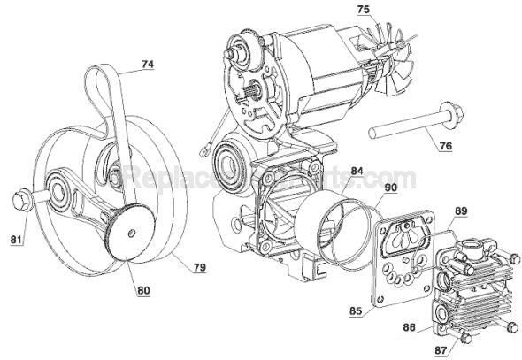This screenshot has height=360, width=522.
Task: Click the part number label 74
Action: (x=143, y=64)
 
